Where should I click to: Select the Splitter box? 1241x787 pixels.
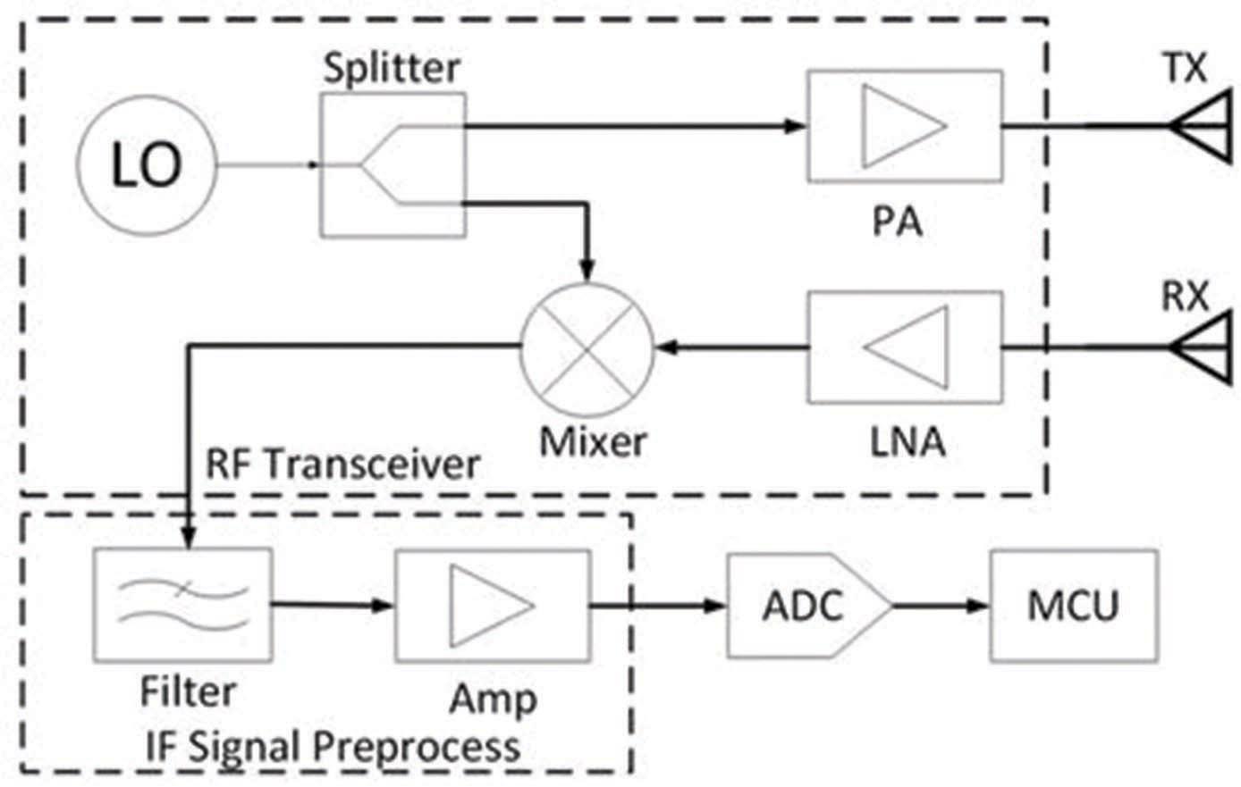pyautogui.click(x=393, y=165)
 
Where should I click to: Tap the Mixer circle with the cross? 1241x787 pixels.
pyautogui.click(x=587, y=347)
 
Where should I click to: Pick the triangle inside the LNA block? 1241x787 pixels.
pyautogui.click(x=906, y=347)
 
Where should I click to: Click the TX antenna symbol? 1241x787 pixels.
pyautogui.click(x=1203, y=126)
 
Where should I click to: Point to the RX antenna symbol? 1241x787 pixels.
pyautogui.click(x=1203, y=347)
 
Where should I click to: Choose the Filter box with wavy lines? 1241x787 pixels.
pyautogui.click(x=182, y=605)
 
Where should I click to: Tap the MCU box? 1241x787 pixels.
pyautogui.click(x=1073, y=606)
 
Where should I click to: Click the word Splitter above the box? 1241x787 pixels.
pyautogui.click(x=392, y=69)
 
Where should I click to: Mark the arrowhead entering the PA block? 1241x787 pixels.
pyautogui.click(x=796, y=126)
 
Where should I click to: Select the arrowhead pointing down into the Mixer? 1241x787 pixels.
pyautogui.click(x=587, y=267)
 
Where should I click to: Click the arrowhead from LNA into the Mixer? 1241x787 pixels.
pyautogui.click(x=666, y=347)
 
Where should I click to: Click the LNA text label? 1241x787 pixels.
pyautogui.click(x=908, y=442)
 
